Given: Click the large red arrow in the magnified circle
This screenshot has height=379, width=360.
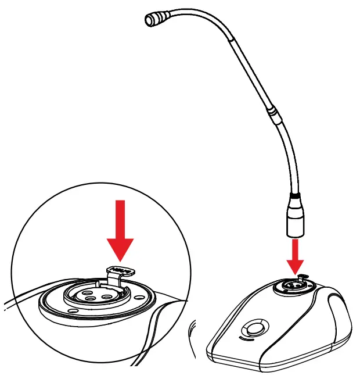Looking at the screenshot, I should (x=120, y=230).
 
